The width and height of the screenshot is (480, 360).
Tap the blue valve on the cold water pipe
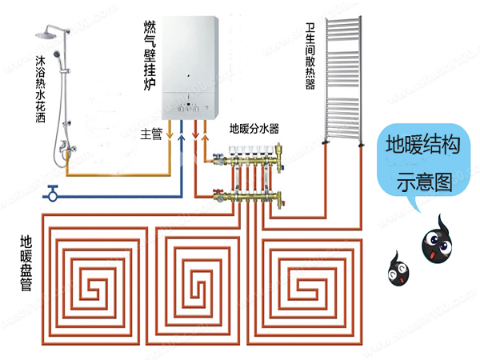[52, 192]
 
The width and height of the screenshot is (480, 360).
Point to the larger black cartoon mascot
[439, 239]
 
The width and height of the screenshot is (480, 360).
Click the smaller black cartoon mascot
[395, 270]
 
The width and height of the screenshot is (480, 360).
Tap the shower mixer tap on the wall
[67, 147]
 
